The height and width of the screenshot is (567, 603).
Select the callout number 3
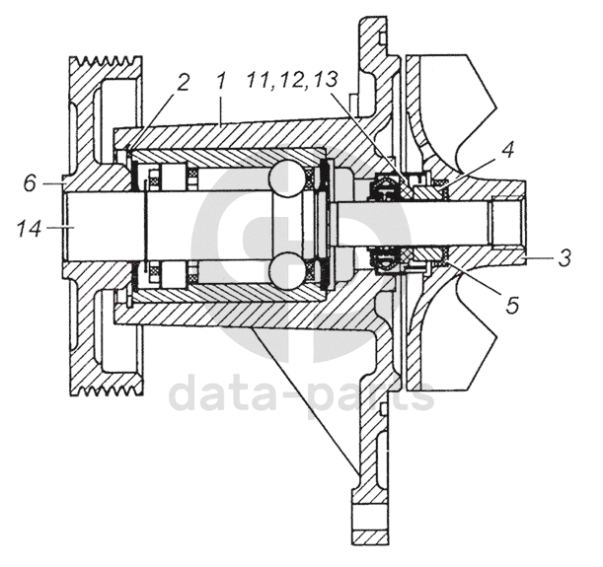click(x=563, y=259)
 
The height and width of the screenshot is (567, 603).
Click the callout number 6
click(x=30, y=182)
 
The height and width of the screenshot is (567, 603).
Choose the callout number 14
click(x=30, y=229)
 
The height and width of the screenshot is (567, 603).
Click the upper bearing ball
click(x=288, y=179)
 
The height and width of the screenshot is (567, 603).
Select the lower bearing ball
click(x=288, y=271)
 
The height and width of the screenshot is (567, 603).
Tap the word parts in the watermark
click(x=370, y=395)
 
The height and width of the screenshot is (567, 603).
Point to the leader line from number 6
click(x=51, y=183)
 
